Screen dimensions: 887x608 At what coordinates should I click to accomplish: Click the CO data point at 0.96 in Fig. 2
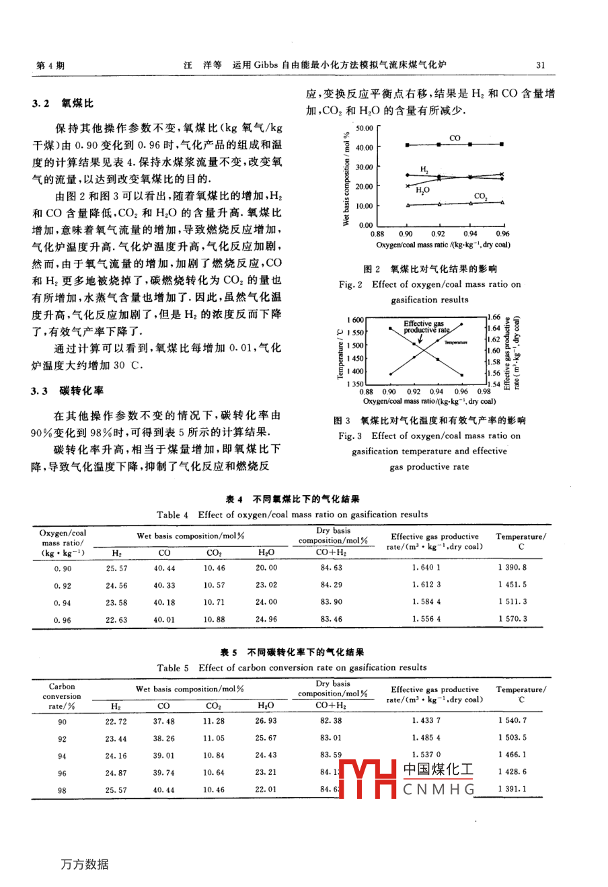(x=502, y=144)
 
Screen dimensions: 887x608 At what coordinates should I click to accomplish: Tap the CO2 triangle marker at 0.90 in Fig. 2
(x=407, y=204)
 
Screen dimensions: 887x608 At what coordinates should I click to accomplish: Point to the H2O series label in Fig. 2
(x=422, y=191)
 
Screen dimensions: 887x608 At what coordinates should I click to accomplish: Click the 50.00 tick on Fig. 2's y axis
(x=365, y=128)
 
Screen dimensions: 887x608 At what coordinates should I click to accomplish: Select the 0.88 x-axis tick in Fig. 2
(x=377, y=234)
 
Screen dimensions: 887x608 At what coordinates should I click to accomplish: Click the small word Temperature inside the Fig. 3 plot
(x=455, y=342)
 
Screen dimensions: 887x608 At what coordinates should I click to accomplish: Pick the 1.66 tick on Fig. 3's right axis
(x=494, y=317)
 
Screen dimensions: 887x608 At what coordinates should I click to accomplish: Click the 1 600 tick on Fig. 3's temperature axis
(x=355, y=321)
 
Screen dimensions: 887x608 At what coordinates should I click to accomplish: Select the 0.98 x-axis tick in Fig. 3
(x=484, y=391)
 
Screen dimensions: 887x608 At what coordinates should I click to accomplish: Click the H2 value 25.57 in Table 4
(x=116, y=568)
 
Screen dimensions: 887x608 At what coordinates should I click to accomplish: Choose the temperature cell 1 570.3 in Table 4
(x=512, y=619)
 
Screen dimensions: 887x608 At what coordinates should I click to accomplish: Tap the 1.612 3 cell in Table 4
(x=426, y=585)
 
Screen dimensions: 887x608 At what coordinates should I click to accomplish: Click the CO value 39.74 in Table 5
(x=163, y=773)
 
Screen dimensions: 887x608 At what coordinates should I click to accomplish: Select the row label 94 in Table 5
(x=62, y=756)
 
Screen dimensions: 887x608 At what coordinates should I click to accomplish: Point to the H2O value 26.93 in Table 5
(x=266, y=721)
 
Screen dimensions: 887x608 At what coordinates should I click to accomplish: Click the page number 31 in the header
(x=541, y=65)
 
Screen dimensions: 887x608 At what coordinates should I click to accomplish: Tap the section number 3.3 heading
(x=40, y=391)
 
